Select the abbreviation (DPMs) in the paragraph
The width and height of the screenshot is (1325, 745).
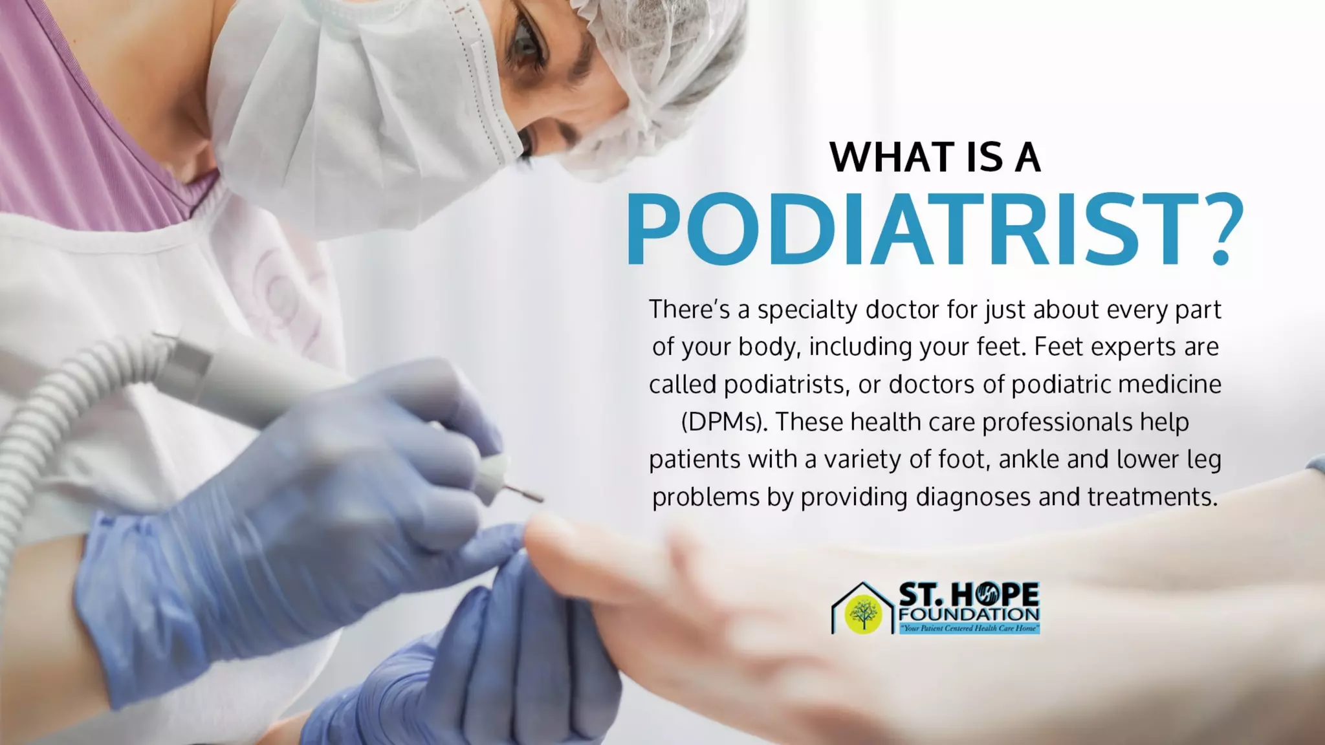[724, 422]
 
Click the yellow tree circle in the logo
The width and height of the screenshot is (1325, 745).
[863, 613]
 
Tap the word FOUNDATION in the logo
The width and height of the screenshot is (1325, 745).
[969, 614]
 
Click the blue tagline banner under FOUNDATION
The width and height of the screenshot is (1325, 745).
[969, 628]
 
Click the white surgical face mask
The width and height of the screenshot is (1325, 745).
[362, 110]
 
